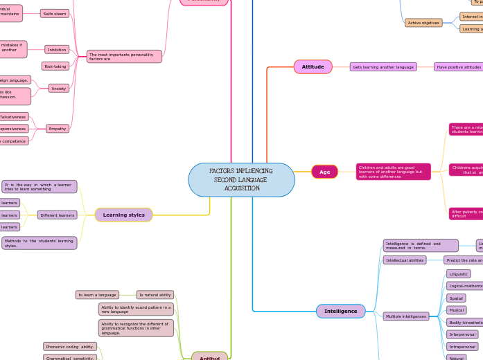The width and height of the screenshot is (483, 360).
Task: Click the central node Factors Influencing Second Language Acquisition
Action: tap(241, 180)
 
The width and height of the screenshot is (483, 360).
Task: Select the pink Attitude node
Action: tap(313, 66)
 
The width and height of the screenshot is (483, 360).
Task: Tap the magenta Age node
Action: tap(324, 172)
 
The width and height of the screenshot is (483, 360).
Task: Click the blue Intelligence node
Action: tap(340, 311)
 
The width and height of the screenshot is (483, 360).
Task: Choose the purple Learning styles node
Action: tap(123, 215)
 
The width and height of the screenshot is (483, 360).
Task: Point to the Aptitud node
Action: tap(209, 356)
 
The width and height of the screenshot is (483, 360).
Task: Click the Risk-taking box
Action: tap(55, 66)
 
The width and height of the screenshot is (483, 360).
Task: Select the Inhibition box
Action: tap(57, 49)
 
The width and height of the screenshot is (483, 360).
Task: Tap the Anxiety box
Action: tap(58, 88)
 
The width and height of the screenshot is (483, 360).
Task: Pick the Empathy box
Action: tap(58, 128)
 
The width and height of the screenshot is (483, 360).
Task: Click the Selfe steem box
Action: tap(54, 13)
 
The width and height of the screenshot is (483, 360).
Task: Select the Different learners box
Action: tap(57, 215)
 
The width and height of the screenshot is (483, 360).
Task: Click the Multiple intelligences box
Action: tap(406, 316)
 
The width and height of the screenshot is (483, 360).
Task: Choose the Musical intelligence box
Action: tap(456, 310)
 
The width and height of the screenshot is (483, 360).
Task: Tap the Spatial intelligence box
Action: tap(456, 298)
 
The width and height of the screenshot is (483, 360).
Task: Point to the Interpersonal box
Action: tap(462, 334)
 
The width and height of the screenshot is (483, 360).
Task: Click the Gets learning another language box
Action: tap(383, 67)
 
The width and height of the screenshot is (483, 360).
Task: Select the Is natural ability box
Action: tap(155, 294)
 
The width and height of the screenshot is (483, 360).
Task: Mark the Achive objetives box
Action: tap(423, 23)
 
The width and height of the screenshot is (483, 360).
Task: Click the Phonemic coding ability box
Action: tap(70, 346)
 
